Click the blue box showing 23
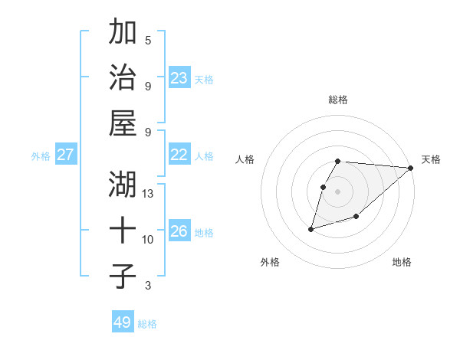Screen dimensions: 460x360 point(179,77)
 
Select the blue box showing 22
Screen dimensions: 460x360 point(179,155)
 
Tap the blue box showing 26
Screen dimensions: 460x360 point(179,231)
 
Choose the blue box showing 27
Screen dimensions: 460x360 point(66,155)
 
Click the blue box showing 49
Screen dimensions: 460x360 point(123,322)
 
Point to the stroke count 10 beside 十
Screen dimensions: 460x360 point(148,240)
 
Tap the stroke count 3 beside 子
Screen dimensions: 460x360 point(148,286)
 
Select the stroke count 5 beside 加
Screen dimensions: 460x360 point(148,40)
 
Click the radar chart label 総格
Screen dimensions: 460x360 point(338,100)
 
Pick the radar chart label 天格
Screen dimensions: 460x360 point(431,159)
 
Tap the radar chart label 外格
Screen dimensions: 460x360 point(270,262)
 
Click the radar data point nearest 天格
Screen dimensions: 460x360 point(411,168)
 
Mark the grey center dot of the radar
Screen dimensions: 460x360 point(338,192)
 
